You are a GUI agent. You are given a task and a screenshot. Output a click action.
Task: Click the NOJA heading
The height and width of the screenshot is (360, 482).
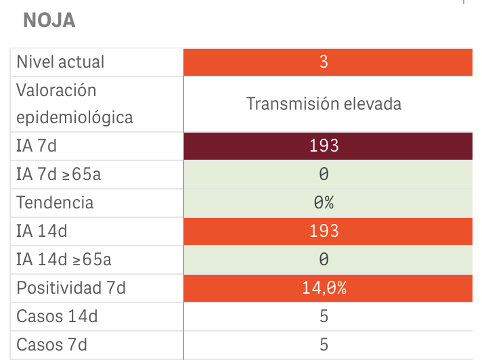pos(49,21)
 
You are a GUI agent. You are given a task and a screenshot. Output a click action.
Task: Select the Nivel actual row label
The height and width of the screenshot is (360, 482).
pos(60,62)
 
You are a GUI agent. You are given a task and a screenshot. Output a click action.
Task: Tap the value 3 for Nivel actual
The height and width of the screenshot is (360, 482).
pos(324,62)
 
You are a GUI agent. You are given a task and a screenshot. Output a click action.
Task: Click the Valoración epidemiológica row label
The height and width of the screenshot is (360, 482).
pos(74,104)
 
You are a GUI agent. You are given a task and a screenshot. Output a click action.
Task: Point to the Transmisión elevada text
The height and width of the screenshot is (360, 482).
pos(324,104)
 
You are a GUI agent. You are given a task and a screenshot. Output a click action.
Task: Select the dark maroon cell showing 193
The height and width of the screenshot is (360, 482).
pos(324,145)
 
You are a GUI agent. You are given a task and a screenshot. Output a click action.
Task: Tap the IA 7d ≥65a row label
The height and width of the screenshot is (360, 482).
pos(58,174)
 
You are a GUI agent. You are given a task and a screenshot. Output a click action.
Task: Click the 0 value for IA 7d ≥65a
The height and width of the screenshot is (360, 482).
pos(324,174)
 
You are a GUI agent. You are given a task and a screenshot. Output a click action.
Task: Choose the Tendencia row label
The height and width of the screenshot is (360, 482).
pos(55,202)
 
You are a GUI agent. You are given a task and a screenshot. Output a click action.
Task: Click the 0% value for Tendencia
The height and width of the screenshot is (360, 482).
pos(324,202)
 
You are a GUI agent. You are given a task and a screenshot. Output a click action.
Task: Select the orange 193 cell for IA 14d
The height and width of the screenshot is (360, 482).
pos(324,231)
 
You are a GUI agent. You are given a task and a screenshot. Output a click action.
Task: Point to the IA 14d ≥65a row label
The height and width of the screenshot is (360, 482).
pos(63,259)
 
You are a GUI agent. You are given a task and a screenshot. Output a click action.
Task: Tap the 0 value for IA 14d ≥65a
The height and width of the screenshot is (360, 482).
pos(324,259)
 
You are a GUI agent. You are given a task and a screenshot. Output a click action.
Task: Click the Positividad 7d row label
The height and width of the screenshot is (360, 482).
pos(71,288)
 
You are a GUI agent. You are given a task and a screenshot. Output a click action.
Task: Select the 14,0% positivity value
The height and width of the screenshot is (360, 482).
pos(324,288)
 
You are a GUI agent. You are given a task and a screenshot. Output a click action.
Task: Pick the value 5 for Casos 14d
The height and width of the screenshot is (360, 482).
pos(324,316)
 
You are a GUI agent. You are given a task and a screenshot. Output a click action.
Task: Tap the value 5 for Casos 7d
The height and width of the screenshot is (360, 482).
pos(324,344)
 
